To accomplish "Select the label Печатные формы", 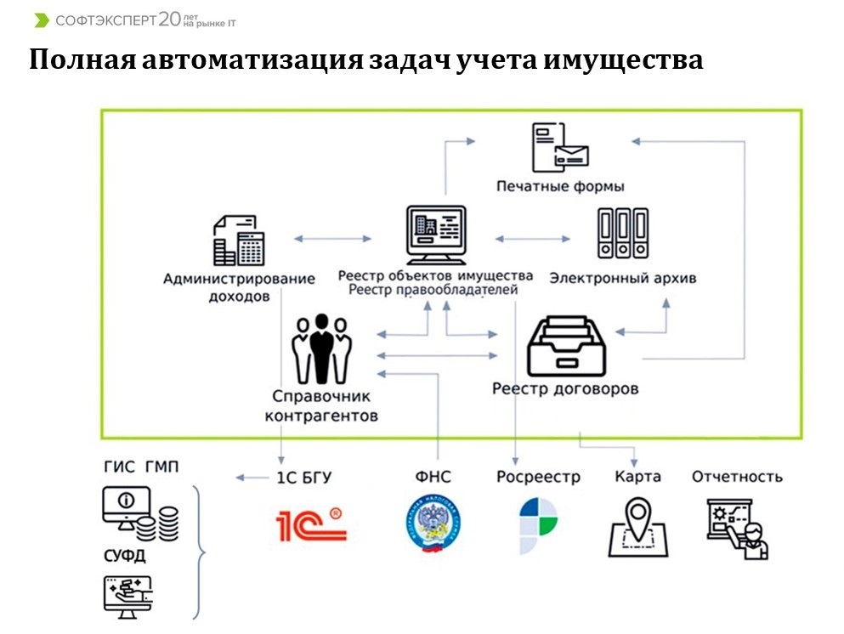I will click(560, 185).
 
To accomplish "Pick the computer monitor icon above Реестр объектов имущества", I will click(436, 233).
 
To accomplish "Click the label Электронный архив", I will click(623, 277).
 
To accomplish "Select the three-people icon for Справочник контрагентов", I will click(321, 349).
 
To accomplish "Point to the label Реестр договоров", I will click(565, 389).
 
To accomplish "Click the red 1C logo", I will click(311, 524).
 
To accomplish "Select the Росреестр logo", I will click(538, 525).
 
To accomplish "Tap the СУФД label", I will click(125, 557).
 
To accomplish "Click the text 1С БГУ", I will click(303, 478).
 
